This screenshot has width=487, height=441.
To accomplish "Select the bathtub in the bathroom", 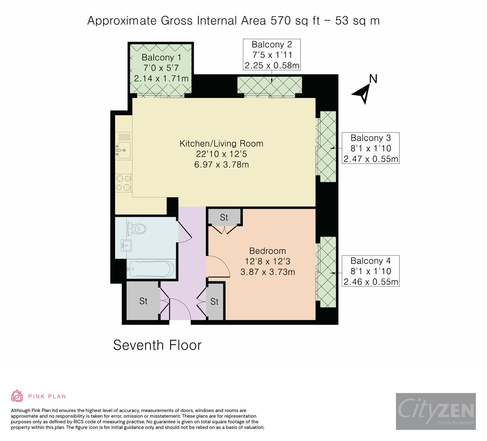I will click(x=150, y=269).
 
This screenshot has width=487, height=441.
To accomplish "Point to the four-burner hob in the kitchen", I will click(x=123, y=182).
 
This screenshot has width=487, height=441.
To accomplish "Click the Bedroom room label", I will click(x=267, y=251).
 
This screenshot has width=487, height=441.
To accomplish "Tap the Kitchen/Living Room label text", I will click(x=221, y=144).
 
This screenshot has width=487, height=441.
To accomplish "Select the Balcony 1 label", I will click(x=161, y=68).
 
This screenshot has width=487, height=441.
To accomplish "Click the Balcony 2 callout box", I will click(x=272, y=55).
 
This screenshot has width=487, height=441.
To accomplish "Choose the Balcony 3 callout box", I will click(x=370, y=148).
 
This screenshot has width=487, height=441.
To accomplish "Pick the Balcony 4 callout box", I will click(x=370, y=271).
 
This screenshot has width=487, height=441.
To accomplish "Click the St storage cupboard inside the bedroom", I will click(x=224, y=217).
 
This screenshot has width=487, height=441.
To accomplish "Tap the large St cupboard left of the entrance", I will click(x=143, y=301).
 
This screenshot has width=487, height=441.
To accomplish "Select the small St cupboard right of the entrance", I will click(x=215, y=302).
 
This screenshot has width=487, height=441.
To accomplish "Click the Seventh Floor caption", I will click(x=157, y=345).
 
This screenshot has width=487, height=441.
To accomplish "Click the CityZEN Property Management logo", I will click(x=435, y=412).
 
